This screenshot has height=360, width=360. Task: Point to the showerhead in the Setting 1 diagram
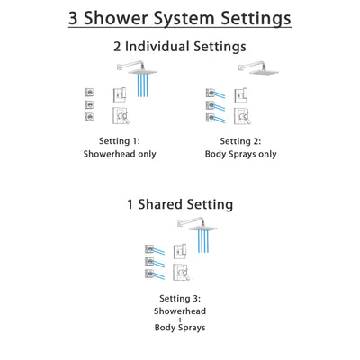(140, 69)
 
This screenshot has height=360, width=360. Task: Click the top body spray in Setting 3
(151, 248)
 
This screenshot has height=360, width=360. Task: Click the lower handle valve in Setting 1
(120, 115)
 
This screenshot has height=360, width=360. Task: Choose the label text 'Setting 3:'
(180, 298)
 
